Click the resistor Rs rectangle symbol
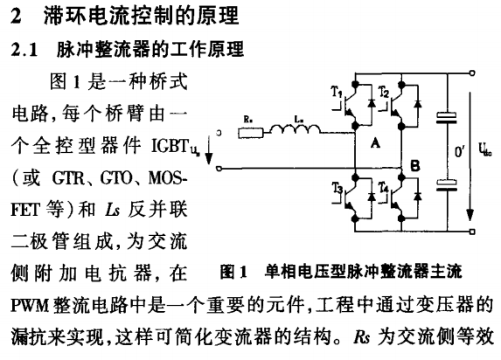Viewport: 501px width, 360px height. tap(251, 133)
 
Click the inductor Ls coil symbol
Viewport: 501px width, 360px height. tap(295, 128)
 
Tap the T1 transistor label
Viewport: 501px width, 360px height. tap(337, 93)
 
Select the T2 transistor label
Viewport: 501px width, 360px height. tap(384, 92)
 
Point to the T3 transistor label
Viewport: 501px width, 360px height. tap(337, 188)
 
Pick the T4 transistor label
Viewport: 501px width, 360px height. tap(384, 188)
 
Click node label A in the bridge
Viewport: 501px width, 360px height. tap(375, 143)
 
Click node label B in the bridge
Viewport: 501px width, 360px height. tap(414, 166)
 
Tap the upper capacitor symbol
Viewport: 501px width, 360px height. tap(447, 118)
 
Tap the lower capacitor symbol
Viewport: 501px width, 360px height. tap(447, 185)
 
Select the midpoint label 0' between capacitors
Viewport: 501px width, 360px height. tap(460, 151)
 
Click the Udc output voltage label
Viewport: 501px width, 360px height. tap(484, 149)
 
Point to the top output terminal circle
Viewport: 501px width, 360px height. tap(472, 73)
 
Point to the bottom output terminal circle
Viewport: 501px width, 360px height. tap(472, 232)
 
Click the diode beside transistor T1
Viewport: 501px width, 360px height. tap(372, 103)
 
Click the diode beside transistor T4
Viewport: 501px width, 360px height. tap(418, 197)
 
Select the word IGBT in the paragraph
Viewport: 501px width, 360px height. tap(170, 146)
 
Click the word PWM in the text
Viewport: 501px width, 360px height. tap(30, 306)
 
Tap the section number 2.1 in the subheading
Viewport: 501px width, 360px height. tap(24, 50)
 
